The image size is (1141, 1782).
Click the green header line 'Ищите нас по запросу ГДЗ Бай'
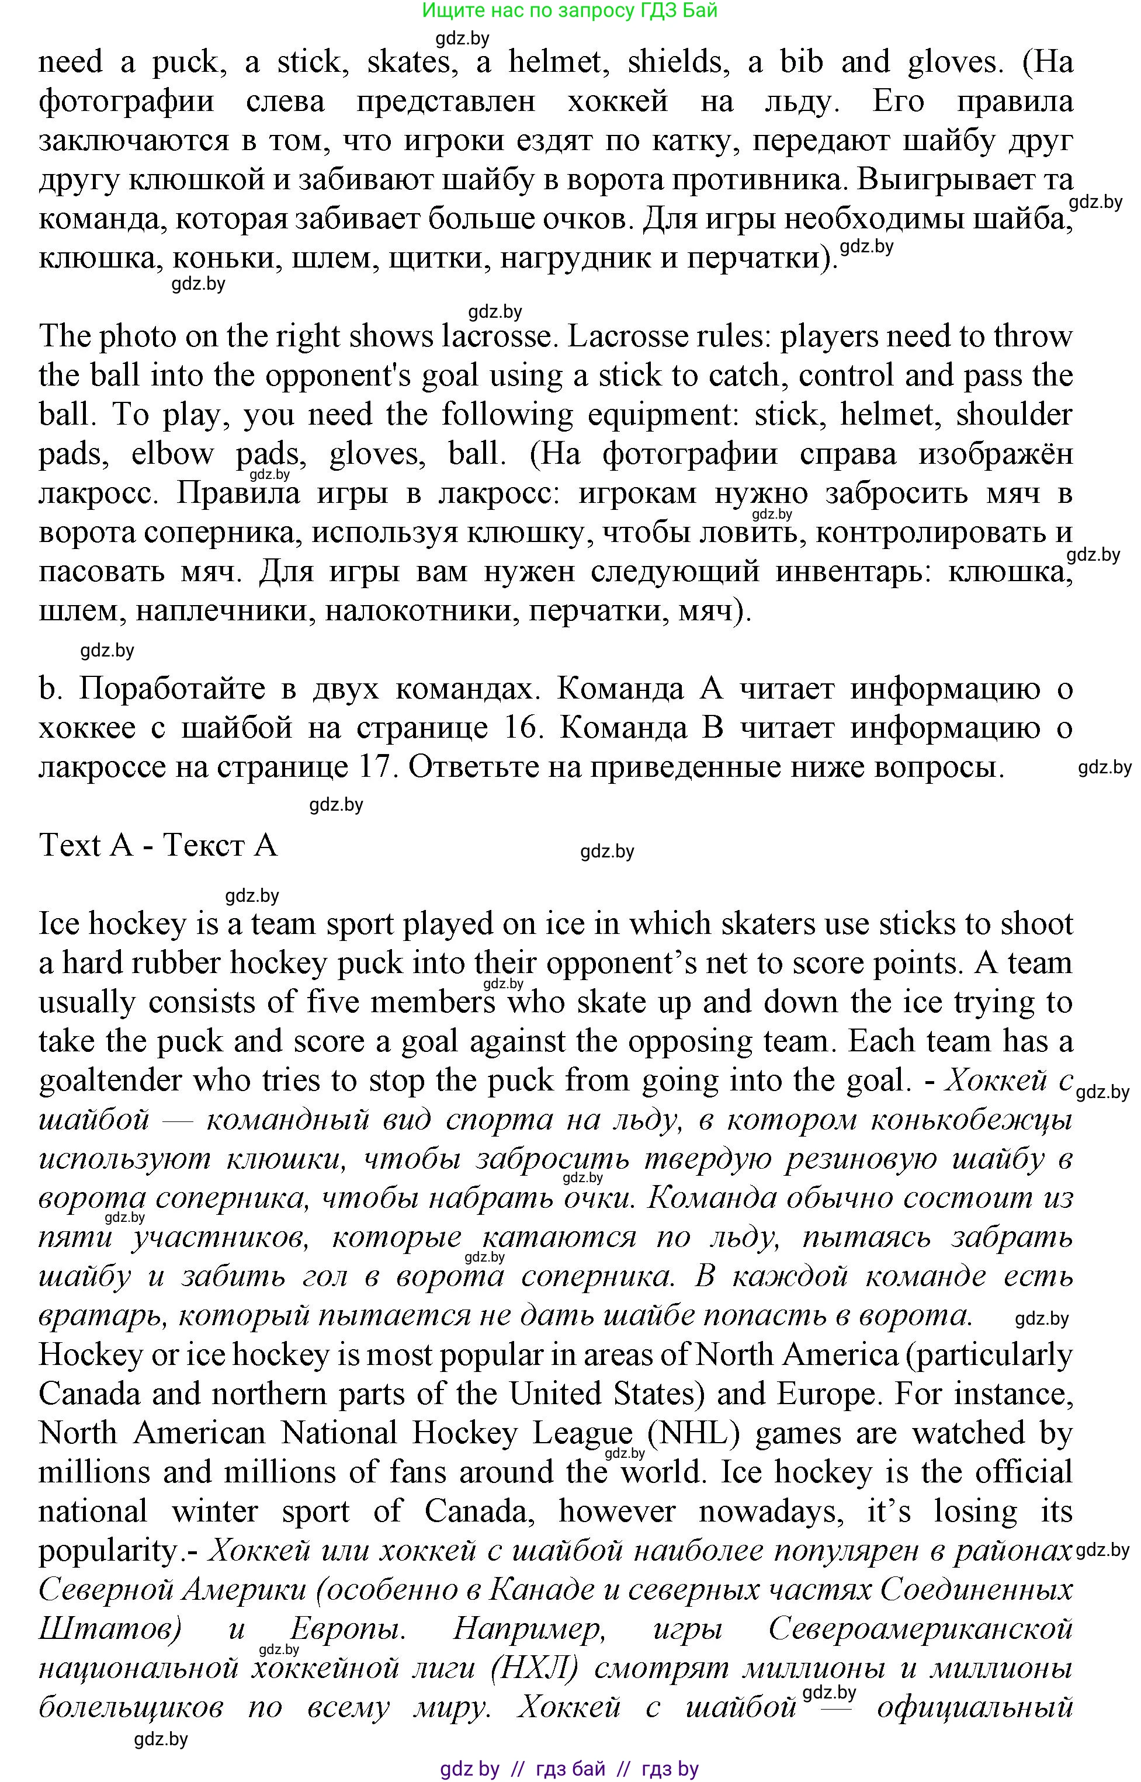point(570,11)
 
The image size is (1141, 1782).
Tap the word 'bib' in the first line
point(802,61)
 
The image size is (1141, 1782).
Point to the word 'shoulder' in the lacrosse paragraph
point(1014,414)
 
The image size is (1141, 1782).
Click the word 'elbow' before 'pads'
point(172,453)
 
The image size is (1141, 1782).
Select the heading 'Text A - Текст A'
point(158,845)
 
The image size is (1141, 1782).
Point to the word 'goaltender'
point(111,1081)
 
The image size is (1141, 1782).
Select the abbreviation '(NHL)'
point(693,1433)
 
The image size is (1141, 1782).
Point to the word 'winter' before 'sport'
point(214,1512)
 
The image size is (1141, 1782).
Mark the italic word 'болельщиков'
point(130,1707)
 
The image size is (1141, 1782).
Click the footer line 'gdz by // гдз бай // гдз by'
point(569,1769)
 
